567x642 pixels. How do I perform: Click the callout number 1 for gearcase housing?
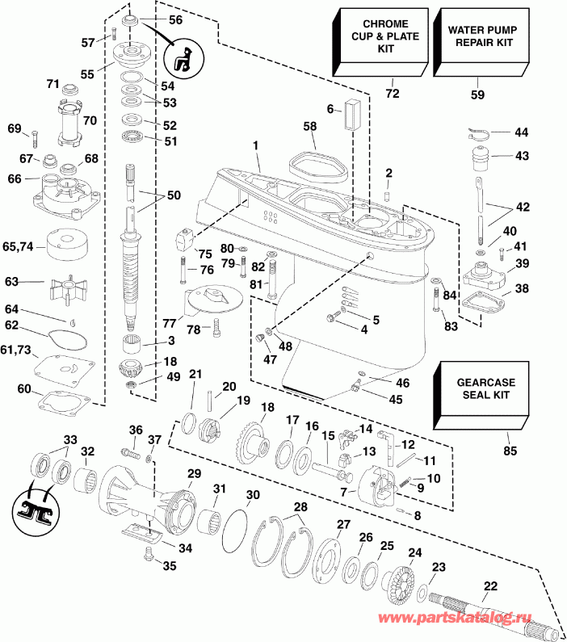256,146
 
